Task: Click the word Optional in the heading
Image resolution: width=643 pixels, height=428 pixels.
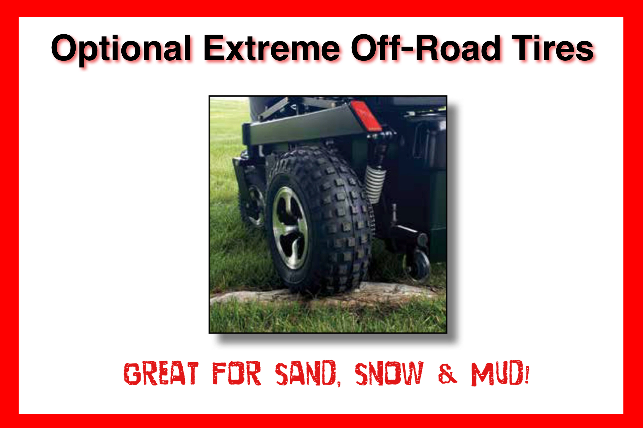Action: point(121,49)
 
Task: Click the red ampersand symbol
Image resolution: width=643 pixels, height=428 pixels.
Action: point(447,374)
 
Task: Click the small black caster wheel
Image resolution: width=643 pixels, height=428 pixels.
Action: point(418,266)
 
